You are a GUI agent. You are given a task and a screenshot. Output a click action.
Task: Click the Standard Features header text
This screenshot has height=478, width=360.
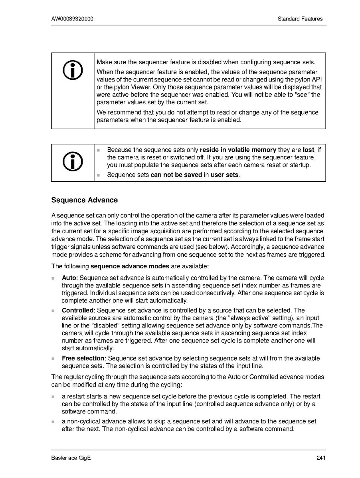pos(300,19)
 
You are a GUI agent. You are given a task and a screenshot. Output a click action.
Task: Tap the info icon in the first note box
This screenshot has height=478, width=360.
pos(73,70)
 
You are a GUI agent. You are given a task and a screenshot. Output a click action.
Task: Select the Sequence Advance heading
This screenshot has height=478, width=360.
pos(85,200)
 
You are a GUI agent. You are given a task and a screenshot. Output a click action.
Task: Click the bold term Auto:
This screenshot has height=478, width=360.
pos(70,278)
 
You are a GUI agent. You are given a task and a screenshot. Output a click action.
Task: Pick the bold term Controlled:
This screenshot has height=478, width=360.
pos(78,310)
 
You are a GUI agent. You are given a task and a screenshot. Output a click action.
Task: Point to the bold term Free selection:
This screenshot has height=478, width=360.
pos(84,359)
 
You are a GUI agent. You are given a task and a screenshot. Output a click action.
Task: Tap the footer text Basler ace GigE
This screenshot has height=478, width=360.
pos(71,458)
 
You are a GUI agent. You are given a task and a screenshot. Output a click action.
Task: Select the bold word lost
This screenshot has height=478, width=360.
pos(308,150)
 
